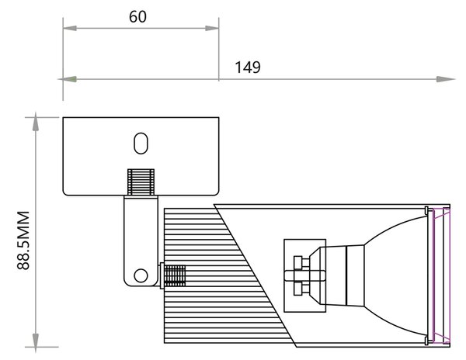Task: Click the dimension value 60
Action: click(x=137, y=16)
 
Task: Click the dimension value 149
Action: click(x=248, y=67)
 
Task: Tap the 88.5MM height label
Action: click(x=23, y=241)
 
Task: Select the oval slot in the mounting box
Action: click(x=141, y=144)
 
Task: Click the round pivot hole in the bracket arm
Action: click(x=141, y=275)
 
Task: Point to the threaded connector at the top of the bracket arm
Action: click(x=141, y=182)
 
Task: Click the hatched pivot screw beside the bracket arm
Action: click(x=173, y=275)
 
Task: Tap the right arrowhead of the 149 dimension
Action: click(x=446, y=79)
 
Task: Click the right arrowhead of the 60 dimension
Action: click(x=212, y=28)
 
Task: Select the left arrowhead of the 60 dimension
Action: click(x=70, y=28)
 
